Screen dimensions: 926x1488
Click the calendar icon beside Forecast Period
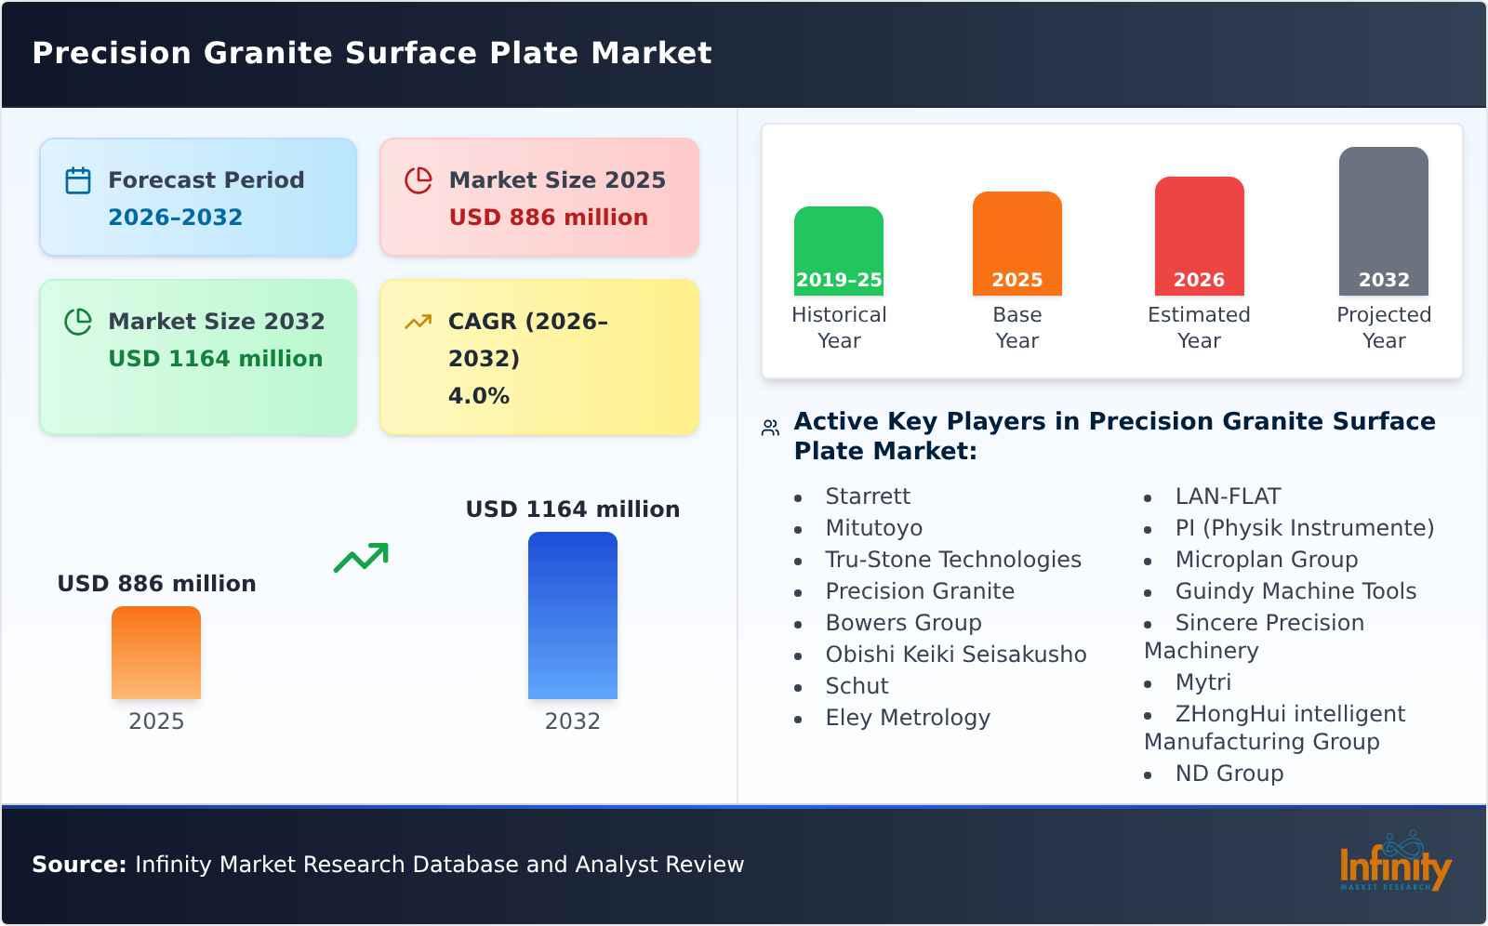tap(78, 180)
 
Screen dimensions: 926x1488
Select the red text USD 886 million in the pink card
tap(548, 218)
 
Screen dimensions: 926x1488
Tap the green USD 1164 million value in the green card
tap(215, 359)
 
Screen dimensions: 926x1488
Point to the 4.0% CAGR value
tap(478, 396)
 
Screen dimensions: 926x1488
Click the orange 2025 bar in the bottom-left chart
tap(156, 653)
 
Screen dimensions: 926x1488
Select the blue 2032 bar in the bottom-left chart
tap(572, 615)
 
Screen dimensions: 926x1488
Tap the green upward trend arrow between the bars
tap(361, 558)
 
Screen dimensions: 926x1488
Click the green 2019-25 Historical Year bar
tap(838, 251)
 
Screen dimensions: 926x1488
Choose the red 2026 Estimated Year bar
tap(1199, 236)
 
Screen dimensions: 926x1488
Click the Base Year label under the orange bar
tap(1016, 327)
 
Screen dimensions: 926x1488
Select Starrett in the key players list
tap(868, 496)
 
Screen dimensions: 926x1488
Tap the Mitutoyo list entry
tap(873, 528)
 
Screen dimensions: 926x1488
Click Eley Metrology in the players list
tap(908, 718)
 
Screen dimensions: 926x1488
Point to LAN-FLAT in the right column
tap(1228, 496)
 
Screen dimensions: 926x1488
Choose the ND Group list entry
tap(1229, 774)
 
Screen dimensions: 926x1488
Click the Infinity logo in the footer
tap(1394, 863)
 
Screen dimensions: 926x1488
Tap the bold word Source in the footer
tap(78, 865)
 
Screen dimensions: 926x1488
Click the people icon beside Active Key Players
tap(770, 428)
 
